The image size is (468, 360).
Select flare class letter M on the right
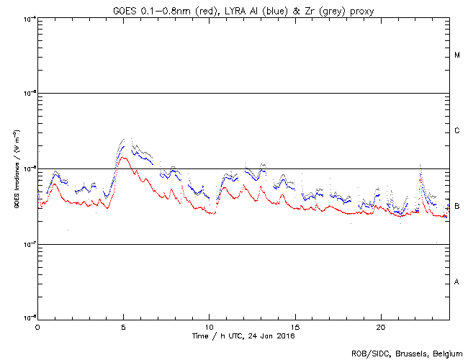pos(457,55)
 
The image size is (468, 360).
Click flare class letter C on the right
pos(457,131)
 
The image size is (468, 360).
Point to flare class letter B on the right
pos(457,207)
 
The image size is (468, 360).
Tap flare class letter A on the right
pos(457,282)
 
